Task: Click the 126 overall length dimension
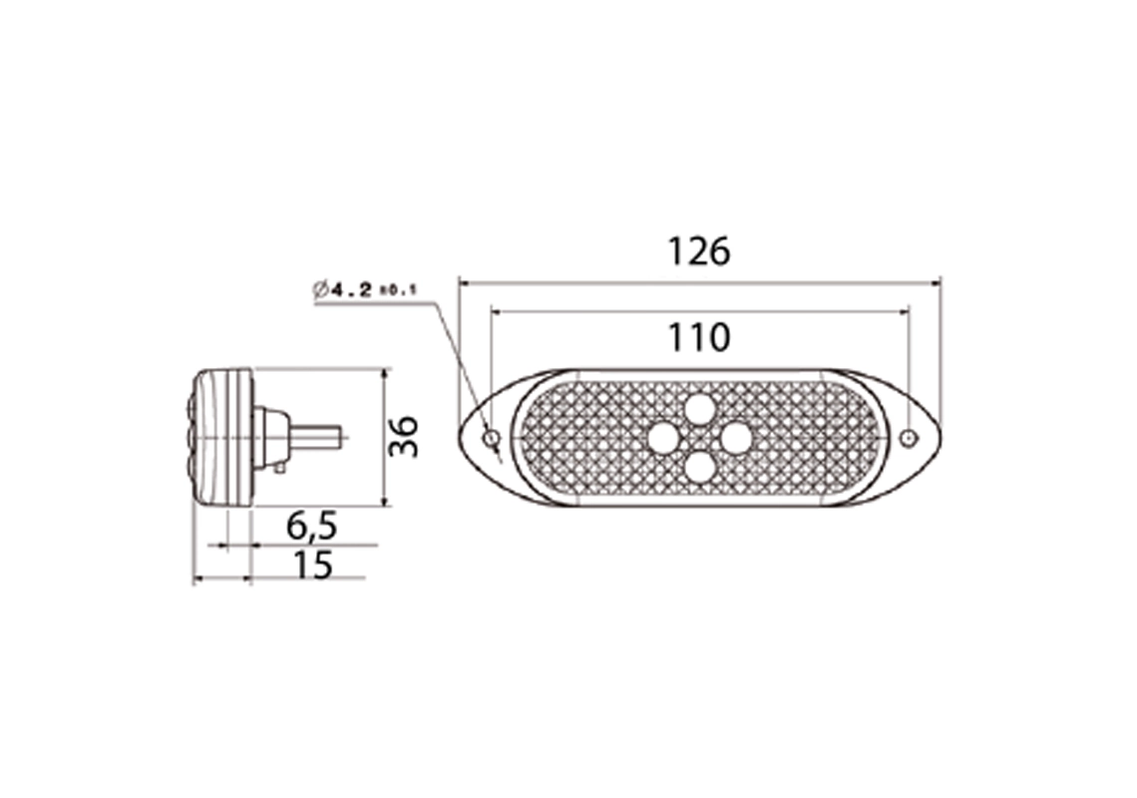coord(698,251)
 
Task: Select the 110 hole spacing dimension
coord(698,338)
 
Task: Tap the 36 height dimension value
coord(404,437)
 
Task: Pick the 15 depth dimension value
coord(312,565)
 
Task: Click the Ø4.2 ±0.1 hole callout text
coord(363,290)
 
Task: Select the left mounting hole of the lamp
coord(490,438)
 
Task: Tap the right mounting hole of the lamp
coord(908,438)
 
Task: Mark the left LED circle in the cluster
coord(663,437)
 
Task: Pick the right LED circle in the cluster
coord(736,437)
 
